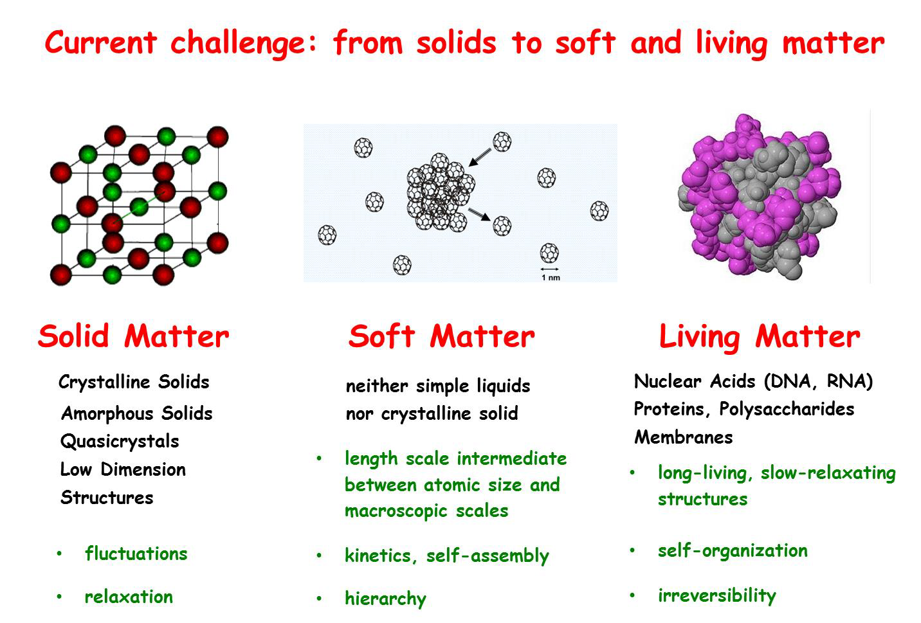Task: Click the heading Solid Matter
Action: [133, 336]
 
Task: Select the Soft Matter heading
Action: [441, 336]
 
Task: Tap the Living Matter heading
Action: [760, 337]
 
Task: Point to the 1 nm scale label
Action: [551, 278]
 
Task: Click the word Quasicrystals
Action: [120, 442]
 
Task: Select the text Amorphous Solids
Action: [136, 413]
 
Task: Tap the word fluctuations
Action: [136, 553]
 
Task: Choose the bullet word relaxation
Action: [129, 597]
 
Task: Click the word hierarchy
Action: [385, 599]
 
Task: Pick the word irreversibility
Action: [716, 595]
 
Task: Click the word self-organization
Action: [733, 551]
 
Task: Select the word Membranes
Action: [683, 437]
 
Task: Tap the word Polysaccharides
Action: [787, 410]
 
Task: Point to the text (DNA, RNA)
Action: [818, 381]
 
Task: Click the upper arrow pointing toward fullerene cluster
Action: [480, 158]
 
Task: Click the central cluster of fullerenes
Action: [440, 192]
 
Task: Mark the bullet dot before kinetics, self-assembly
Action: [319, 555]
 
